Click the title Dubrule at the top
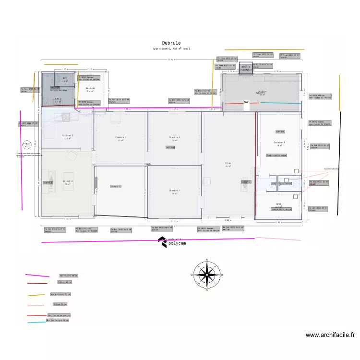[171, 43]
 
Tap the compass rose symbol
[207, 275]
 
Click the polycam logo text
[177, 243]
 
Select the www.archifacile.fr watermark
[330, 335]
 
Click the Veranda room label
[90, 89]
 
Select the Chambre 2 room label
[120, 138]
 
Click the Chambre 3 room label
[174, 138]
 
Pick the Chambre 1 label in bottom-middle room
[174, 192]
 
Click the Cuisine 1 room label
[279, 143]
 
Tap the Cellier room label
[262, 92]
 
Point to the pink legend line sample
[36, 305]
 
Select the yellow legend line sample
[36, 295]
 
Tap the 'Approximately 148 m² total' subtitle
[171, 49]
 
